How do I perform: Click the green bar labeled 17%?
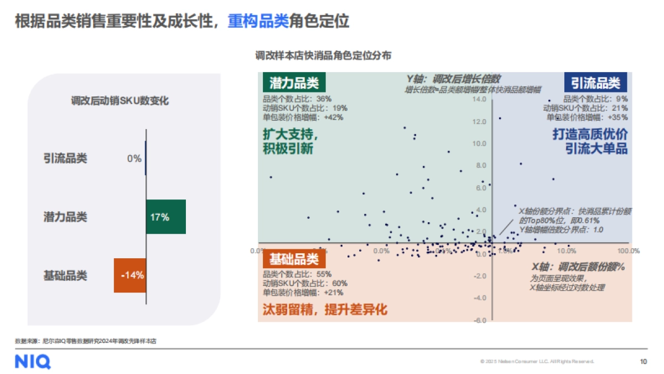[x=165, y=217]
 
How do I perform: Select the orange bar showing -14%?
[x=130, y=275]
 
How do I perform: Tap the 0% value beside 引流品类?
[x=134, y=158]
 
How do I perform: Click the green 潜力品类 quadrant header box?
[x=294, y=83]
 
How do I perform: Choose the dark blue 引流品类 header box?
[x=595, y=83]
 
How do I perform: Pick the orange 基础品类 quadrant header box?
[x=294, y=259]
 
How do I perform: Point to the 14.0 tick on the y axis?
[x=480, y=100]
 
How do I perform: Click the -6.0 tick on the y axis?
[x=480, y=320]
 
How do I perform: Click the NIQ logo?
[x=33, y=362]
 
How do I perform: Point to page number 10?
[x=643, y=362]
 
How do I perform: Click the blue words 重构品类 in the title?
[x=258, y=21]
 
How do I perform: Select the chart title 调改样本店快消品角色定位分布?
[x=323, y=56]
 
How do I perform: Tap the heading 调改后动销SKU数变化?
[x=120, y=101]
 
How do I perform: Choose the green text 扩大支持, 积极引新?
[x=291, y=142]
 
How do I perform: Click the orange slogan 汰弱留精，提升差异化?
[x=325, y=310]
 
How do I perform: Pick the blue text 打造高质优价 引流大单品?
[x=590, y=142]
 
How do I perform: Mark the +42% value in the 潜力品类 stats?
[x=334, y=117]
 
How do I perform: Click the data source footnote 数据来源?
[x=86, y=341]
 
